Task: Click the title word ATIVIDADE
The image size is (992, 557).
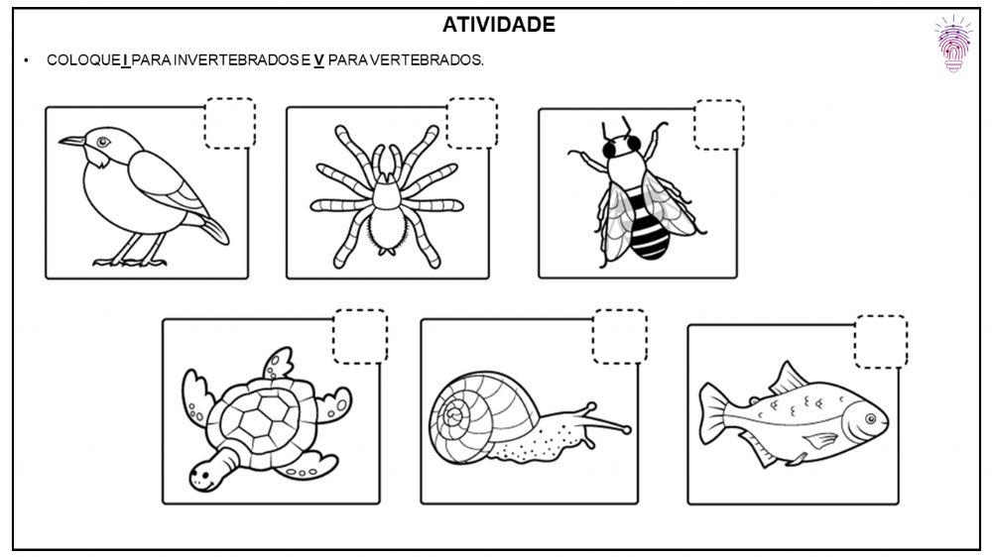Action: (499, 25)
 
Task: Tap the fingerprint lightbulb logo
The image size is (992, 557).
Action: (954, 45)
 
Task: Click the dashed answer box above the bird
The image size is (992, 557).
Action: (229, 123)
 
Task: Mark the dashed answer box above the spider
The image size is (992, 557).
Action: (472, 123)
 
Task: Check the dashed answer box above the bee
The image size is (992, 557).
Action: (718, 125)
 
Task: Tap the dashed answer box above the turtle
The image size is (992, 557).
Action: (360, 337)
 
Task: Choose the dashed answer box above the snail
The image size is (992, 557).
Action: (620, 337)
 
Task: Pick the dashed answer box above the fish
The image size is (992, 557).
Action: (881, 342)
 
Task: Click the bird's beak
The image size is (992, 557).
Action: (70, 142)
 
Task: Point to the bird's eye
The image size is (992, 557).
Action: (102, 142)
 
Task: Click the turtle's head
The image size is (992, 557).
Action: (206, 472)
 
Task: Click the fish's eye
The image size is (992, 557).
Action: (870, 418)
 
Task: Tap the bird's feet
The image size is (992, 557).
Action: (129, 262)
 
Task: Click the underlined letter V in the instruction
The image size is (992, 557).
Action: (319, 60)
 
